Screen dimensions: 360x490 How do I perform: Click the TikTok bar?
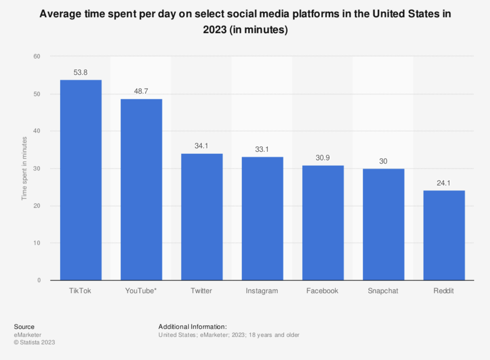(x=81, y=180)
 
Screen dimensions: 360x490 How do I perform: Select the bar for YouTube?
(x=141, y=190)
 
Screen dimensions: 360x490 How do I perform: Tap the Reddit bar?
(x=444, y=235)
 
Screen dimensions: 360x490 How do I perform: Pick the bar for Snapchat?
(x=383, y=225)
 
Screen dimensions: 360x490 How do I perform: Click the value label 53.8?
(x=80, y=72)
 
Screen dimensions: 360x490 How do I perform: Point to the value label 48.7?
(x=141, y=91)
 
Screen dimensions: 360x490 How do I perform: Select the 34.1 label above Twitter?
(x=202, y=146)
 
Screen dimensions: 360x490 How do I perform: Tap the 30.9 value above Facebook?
(x=323, y=158)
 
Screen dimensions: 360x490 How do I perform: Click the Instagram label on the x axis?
(x=262, y=291)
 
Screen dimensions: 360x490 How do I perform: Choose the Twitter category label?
(x=201, y=291)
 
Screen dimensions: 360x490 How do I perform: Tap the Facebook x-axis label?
(x=322, y=291)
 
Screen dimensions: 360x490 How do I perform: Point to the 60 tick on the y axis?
(x=37, y=56)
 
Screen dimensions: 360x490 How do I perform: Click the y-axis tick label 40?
(x=37, y=131)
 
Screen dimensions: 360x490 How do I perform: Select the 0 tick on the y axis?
(x=39, y=280)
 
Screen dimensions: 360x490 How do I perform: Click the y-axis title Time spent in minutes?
(x=24, y=168)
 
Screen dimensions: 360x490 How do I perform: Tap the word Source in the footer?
(x=24, y=327)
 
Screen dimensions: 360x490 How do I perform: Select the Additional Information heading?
(x=192, y=327)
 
